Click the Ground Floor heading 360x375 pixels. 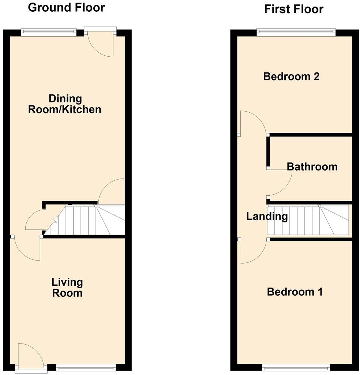click(x=66, y=7)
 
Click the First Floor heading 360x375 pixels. click(x=294, y=9)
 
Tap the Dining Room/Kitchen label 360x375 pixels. click(x=65, y=104)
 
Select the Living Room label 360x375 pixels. click(x=67, y=288)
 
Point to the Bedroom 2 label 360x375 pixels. click(x=291, y=76)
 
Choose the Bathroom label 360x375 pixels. click(x=312, y=167)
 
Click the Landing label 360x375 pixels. click(x=267, y=216)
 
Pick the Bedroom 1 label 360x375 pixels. click(x=295, y=292)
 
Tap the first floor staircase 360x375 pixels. click(x=307, y=220)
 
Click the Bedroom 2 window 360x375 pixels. click(x=296, y=33)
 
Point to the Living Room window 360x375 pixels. click(x=86, y=367)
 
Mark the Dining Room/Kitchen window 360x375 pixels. click(x=49, y=33)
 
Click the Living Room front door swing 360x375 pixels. click(x=30, y=356)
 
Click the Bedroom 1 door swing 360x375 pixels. click(x=252, y=251)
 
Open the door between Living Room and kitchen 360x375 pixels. click(x=27, y=247)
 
